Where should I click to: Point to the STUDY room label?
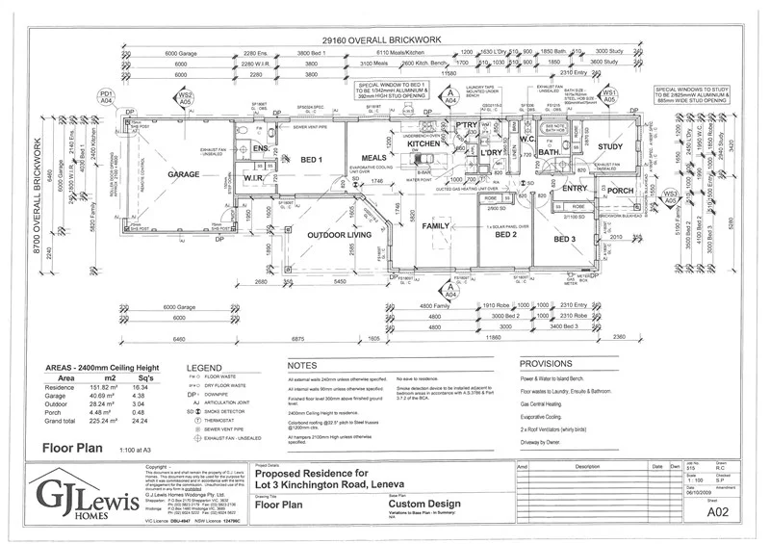click(x=610, y=147)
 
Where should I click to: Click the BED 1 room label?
click(x=312, y=158)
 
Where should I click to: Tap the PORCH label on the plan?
click(x=621, y=191)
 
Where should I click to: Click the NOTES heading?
click(x=302, y=366)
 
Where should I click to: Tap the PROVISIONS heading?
click(x=546, y=365)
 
